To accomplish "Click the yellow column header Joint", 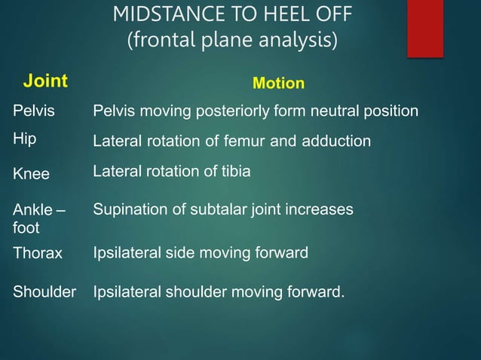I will (44, 81).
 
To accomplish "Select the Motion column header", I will (278, 83).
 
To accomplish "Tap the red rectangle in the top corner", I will (424, 28).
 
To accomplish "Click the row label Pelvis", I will (34, 111).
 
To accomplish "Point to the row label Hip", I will (25, 139).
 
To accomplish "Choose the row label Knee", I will (31, 174).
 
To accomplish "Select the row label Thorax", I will (38, 253).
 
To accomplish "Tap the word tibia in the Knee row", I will (233, 172).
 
